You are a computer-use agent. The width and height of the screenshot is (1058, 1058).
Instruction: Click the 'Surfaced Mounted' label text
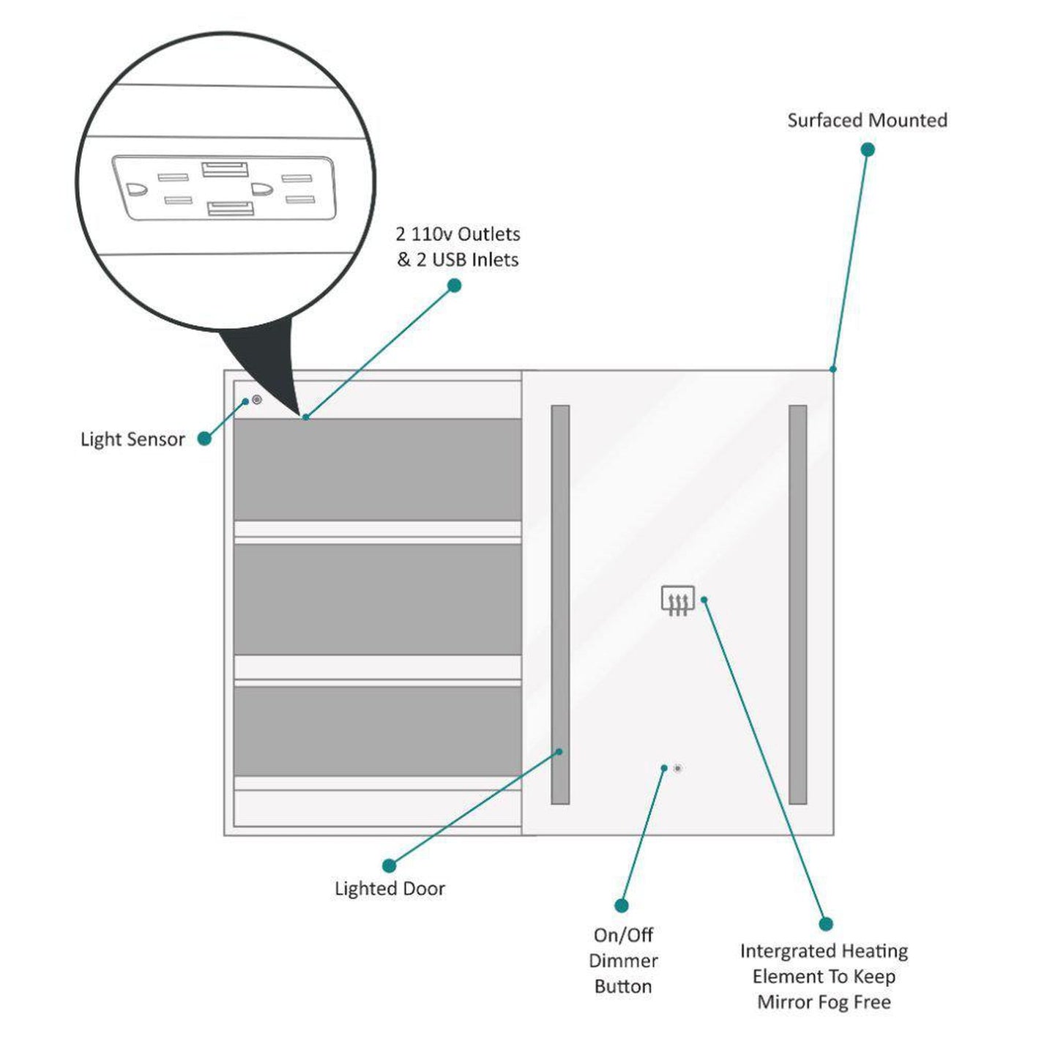point(867,120)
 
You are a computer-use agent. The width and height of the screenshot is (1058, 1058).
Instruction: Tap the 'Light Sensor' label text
point(133,439)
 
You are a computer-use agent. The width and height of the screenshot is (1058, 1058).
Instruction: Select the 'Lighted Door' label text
point(390,888)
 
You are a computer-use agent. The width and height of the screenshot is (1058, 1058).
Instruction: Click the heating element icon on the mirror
point(677,600)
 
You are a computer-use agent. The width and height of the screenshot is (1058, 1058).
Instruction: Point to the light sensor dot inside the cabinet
point(256,400)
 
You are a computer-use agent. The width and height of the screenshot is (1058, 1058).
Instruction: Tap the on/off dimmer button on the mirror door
point(677,768)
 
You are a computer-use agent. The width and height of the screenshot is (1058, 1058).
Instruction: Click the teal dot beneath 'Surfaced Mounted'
point(868,149)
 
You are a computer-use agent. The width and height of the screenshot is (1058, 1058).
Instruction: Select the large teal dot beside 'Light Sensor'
point(204,439)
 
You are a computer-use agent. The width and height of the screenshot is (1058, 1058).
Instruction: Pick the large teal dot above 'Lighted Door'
point(390,865)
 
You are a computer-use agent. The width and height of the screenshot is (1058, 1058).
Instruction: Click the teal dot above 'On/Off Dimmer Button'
point(622,906)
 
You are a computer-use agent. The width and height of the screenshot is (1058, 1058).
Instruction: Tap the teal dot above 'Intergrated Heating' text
point(826,924)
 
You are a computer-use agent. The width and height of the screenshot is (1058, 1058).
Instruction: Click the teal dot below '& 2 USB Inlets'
point(454,286)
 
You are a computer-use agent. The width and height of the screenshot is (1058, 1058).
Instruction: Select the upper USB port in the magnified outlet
point(225,169)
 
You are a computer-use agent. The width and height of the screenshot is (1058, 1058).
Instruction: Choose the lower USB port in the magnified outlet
point(231,209)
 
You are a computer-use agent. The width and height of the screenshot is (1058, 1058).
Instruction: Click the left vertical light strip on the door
point(560,604)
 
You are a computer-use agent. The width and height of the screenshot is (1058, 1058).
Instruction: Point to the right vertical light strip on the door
point(797,604)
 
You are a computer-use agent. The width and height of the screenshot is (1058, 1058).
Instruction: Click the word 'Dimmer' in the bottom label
point(623,961)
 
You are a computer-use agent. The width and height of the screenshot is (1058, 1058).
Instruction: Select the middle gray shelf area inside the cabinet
point(377,599)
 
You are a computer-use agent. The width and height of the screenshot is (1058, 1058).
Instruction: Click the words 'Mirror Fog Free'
point(824,1002)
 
